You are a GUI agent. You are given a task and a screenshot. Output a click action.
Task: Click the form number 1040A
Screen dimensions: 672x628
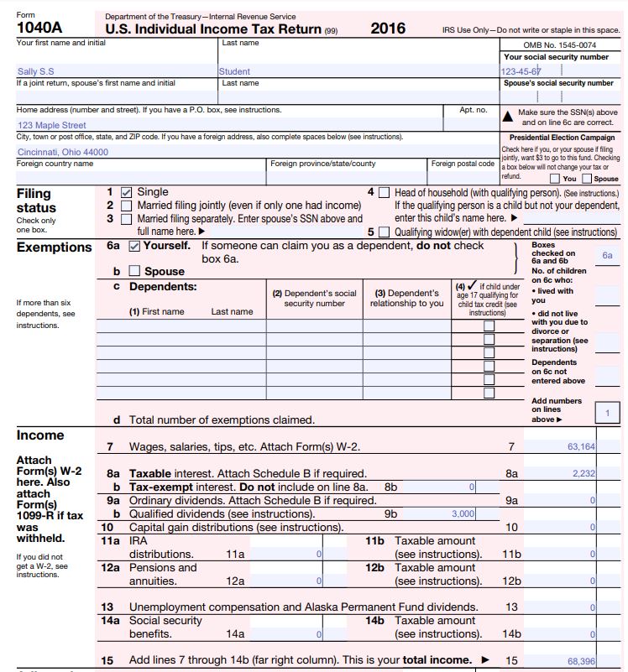tap(39, 28)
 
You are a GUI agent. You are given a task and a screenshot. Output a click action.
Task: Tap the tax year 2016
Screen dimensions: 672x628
tap(389, 29)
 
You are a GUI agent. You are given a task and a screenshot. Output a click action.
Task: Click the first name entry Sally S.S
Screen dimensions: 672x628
tap(35, 71)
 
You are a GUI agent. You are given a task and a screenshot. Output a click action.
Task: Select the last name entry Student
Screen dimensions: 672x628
tap(234, 71)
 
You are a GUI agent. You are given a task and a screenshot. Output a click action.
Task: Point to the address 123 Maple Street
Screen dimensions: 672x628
tap(52, 125)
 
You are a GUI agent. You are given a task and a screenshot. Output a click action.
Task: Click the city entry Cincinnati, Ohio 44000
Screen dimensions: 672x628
tap(63, 152)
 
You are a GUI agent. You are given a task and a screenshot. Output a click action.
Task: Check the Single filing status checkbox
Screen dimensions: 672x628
tap(127, 192)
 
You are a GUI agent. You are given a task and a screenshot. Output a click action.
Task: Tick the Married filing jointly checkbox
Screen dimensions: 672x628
tap(127, 206)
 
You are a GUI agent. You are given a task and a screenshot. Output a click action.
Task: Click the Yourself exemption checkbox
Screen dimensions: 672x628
tap(134, 247)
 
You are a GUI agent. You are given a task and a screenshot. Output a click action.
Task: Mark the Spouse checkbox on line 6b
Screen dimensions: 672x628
tap(134, 271)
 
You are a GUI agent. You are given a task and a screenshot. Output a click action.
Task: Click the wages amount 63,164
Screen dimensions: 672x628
tap(578, 447)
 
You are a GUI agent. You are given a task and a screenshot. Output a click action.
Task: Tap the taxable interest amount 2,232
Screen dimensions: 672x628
tap(583, 474)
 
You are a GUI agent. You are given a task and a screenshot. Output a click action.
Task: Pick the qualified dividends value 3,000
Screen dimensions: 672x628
tap(463, 513)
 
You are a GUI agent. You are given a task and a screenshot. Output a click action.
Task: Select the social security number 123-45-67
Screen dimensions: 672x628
tap(521, 71)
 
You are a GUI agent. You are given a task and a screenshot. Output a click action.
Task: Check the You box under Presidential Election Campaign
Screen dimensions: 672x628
tap(554, 179)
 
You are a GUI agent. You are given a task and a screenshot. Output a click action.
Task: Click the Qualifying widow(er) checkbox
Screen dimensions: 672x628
tap(384, 232)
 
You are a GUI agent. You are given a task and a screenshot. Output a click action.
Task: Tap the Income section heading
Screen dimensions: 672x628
tap(39, 435)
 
